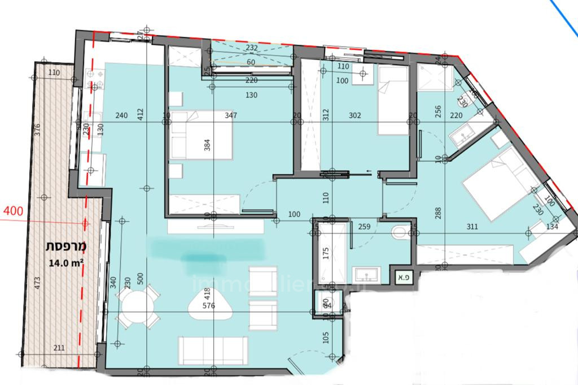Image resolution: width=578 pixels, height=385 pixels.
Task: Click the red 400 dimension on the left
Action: (13, 213)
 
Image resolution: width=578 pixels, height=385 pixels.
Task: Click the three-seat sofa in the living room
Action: (212, 350)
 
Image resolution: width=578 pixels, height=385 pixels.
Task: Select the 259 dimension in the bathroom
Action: (364, 227)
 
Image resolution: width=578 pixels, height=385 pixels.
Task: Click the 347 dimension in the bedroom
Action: (230, 115)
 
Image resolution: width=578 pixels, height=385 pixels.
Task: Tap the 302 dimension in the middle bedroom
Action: (355, 115)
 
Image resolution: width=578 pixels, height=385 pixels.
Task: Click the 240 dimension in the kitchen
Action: (121, 115)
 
